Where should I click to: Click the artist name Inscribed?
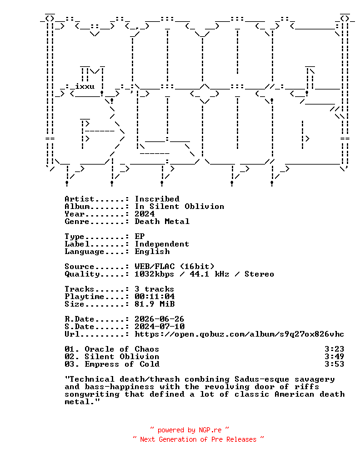pyautogui.click(x=157, y=199)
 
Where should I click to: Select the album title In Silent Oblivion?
pyautogui.click(x=179, y=206)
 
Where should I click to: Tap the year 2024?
pyautogui.click(x=145, y=214)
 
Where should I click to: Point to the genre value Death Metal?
pyautogui.click(x=162, y=221)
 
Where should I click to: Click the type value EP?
pyautogui.click(x=140, y=237)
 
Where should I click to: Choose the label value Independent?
pyautogui.click(x=162, y=244)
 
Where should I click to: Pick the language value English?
pyautogui.click(x=152, y=252)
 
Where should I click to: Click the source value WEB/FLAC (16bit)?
pyautogui.click(x=174, y=267)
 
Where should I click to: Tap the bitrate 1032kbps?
pyautogui.click(x=154, y=274)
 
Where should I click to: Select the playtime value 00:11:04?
pyautogui.click(x=154, y=297)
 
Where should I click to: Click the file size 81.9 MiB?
pyautogui.click(x=154, y=304)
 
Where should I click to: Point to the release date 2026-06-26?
pyautogui.click(x=159, y=319)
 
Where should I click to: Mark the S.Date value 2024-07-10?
pyautogui.click(x=159, y=327)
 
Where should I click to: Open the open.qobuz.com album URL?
pyautogui.click(x=239, y=334)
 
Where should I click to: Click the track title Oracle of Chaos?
pyautogui.click(x=122, y=349)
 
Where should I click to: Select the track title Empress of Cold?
pyautogui.click(x=122, y=364)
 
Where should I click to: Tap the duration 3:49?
pyautogui.click(x=334, y=357)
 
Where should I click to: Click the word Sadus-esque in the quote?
pyautogui.click(x=262, y=379)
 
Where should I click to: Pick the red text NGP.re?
pyautogui.click(x=210, y=430)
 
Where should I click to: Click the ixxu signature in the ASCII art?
pyautogui.click(x=85, y=86)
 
